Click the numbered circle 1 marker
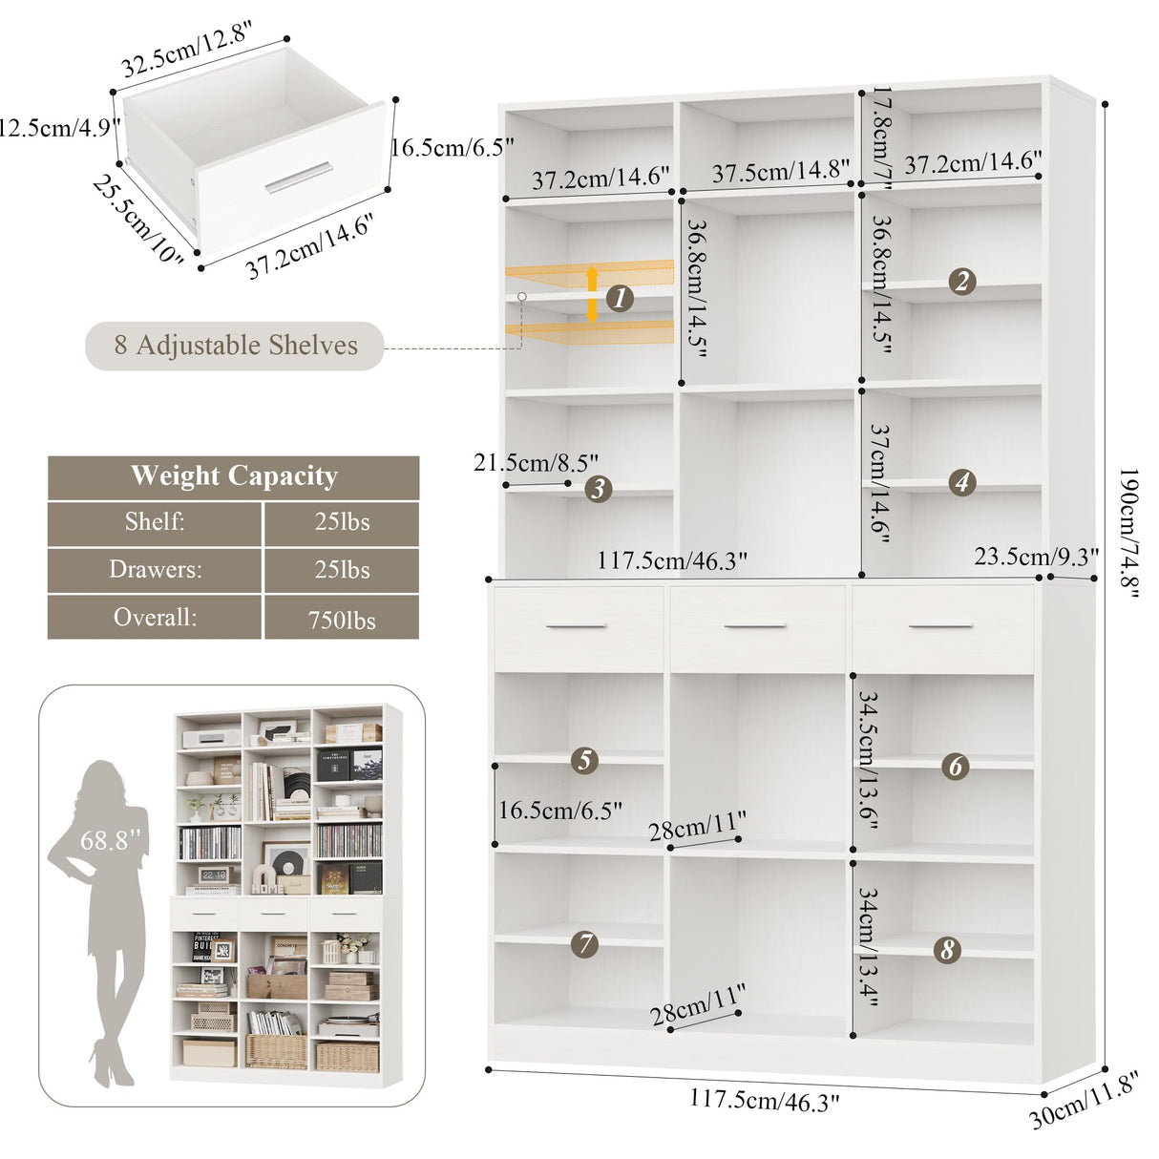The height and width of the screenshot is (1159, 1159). coord(621,299)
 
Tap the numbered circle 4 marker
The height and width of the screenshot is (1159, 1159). coord(962,482)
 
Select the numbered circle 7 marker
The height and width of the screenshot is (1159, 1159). coord(584,944)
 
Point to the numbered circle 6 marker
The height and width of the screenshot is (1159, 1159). coord(955,766)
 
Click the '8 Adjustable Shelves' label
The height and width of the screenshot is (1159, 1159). coord(236,345)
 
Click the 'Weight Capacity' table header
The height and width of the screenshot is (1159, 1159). coord(234,476)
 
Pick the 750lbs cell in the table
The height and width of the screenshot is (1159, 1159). coord(342,620)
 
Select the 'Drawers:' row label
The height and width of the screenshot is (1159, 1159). coord(155,570)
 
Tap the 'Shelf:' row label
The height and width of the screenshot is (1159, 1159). coord(155,522)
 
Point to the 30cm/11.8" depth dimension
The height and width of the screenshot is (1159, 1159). coord(1085,1100)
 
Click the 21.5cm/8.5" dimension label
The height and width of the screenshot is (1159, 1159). coord(536,463)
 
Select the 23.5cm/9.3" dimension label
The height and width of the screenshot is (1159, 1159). coord(1036,556)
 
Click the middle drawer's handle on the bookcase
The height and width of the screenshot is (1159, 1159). coord(755,626)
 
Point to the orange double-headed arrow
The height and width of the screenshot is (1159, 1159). coord(592,293)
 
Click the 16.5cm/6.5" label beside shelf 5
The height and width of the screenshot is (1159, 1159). coord(560,811)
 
